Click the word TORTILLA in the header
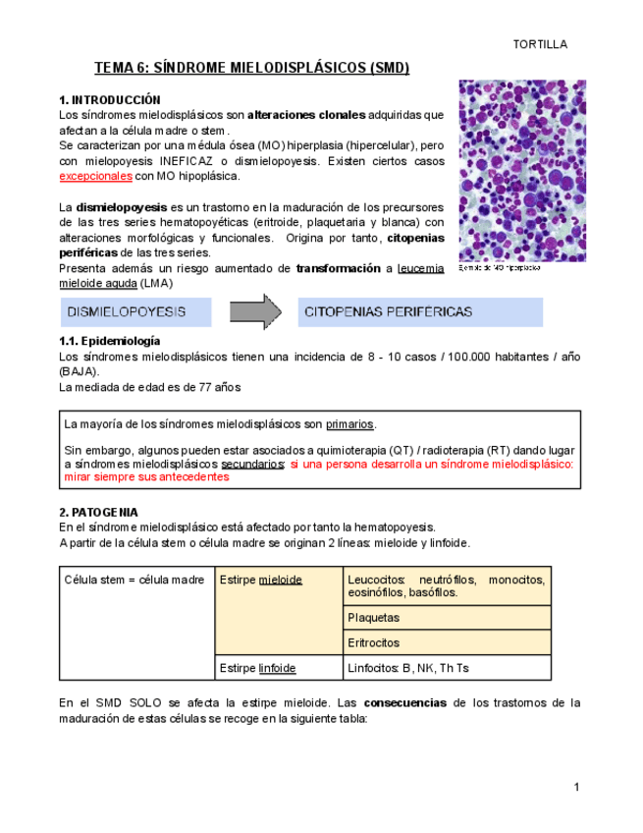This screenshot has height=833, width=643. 541,44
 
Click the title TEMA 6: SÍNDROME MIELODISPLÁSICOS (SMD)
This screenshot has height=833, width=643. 251,68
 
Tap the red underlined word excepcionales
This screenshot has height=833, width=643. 95,176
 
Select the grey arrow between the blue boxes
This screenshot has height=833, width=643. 256,312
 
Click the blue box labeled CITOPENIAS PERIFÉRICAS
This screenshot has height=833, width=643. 420,312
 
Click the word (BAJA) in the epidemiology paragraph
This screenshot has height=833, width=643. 79,371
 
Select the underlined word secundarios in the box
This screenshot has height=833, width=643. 253,463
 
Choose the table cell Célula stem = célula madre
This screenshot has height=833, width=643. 134,580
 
